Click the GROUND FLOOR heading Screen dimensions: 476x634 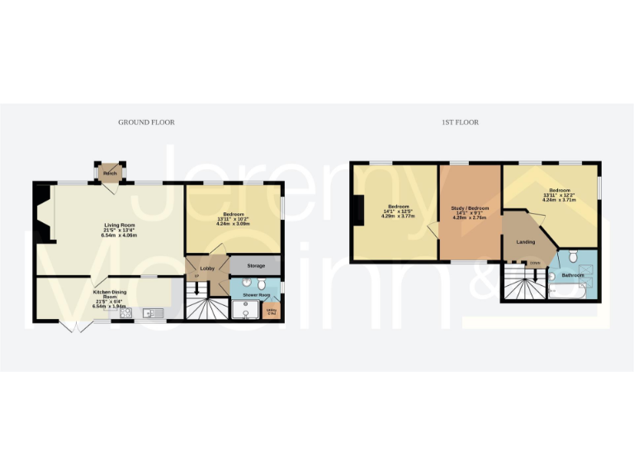146,122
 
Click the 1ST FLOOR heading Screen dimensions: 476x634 460,122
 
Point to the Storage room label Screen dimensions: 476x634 256,266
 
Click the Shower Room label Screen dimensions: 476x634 256,294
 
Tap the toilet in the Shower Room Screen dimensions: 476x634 261,283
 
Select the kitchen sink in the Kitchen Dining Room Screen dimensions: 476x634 154,312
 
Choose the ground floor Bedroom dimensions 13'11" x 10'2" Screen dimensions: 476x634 232,219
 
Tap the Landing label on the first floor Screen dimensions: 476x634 526,242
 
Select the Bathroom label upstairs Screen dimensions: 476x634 573,274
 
